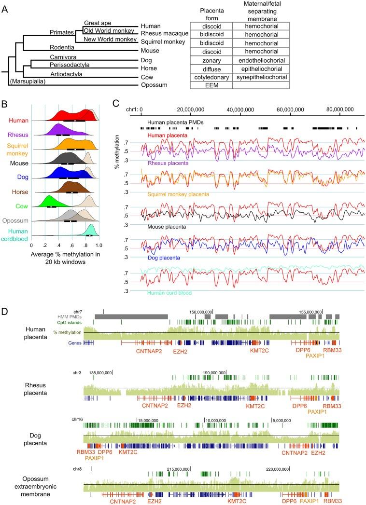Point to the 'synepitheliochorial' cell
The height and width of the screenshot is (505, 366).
[261, 77]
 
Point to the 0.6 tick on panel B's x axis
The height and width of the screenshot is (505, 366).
[72, 245]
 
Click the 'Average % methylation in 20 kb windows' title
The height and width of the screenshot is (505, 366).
[65, 258]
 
